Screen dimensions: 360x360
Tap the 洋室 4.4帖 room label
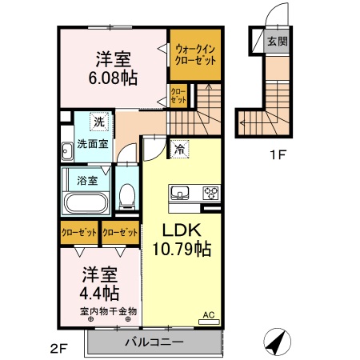[99, 283]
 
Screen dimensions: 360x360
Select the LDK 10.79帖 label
[182, 239]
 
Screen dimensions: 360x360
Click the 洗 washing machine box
[99, 122]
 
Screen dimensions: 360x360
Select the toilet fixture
[126, 194]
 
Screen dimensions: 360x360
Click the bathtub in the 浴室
[85, 201]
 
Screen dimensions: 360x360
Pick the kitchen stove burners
[211, 192]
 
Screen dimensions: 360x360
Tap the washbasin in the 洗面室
[67, 150]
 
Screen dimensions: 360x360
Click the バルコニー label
[154, 342]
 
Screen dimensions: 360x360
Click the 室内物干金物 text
[108, 310]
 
